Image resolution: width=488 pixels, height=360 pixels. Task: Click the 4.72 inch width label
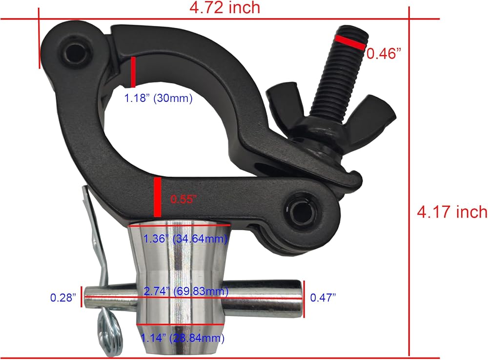coord(224,7)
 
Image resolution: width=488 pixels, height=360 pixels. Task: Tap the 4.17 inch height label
coord(452,212)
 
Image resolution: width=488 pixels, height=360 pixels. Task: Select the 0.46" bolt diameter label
coord(384,54)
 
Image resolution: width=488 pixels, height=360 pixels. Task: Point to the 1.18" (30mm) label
coord(159,98)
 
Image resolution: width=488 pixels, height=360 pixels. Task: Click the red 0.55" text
coord(183,199)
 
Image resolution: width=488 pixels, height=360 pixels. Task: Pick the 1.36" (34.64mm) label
coord(185,239)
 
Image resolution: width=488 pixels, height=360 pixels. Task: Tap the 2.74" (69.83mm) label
coord(186,291)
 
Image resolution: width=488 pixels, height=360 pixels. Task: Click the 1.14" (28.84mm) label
coord(183,338)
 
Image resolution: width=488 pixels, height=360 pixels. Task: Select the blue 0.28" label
coord(63,298)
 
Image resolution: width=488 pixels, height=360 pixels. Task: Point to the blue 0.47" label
coord(323,298)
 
